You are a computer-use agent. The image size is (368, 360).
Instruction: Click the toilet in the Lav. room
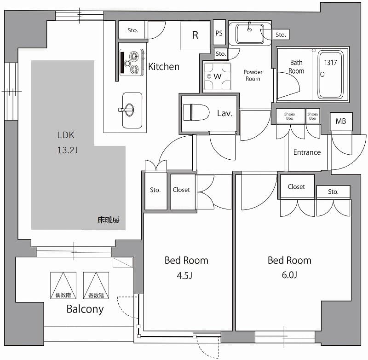coord(193,113)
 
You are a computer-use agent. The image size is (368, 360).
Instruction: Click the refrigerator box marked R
coord(195,35)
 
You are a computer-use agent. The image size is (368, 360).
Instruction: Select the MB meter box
coord(341,122)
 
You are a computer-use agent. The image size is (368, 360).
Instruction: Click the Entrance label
coord(307,152)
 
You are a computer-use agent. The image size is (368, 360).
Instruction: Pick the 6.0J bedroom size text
coord(289,275)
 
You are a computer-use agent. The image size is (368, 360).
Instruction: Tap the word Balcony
coord(85,309)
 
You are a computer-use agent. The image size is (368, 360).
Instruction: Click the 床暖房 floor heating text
coord(109,220)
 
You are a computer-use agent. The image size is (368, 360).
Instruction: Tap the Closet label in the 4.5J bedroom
coord(181,190)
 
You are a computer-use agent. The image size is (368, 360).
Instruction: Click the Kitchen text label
coord(164,67)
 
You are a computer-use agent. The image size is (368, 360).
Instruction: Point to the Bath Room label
coord(297,67)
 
